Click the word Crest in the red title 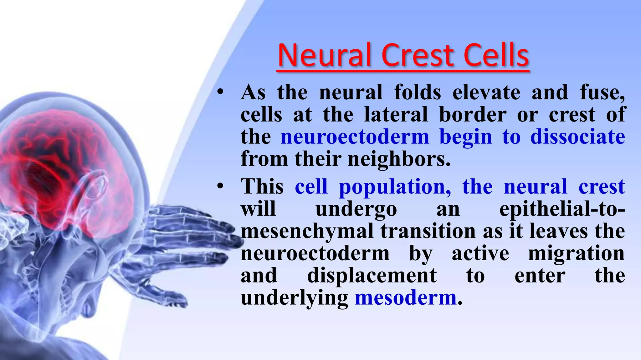point(418,55)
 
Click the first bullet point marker point(220,92)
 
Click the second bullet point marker point(220,187)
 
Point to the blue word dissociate point(577,137)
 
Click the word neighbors point(399,159)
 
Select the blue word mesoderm point(406,297)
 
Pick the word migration point(576,253)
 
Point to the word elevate point(486,92)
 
